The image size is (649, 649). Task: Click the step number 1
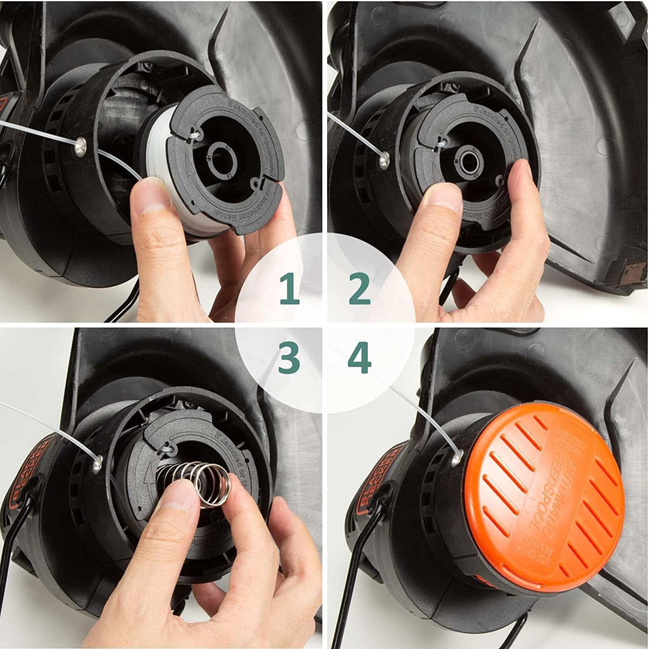tap(289, 289)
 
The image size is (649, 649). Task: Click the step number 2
tap(359, 289)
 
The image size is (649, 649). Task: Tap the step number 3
tap(289, 359)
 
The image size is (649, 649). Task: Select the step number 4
tap(359, 359)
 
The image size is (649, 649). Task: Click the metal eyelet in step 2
tap(384, 157)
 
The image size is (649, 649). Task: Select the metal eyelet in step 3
tap(97, 463)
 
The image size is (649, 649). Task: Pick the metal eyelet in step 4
tap(456, 458)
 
